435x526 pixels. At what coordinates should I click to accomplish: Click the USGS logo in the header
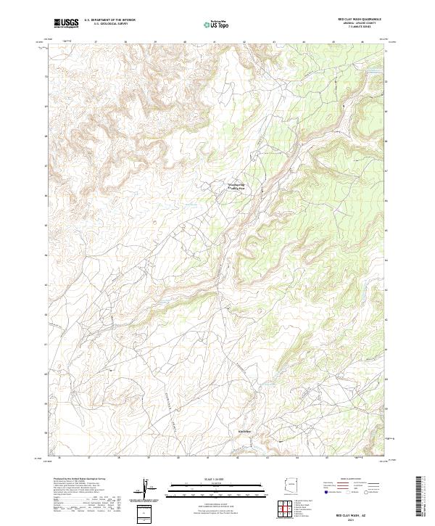(66, 23)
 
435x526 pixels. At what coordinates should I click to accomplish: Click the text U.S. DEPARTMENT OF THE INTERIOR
(109, 20)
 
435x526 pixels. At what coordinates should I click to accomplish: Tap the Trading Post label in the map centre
(237, 187)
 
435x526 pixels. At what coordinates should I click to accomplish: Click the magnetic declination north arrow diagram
(146, 490)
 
